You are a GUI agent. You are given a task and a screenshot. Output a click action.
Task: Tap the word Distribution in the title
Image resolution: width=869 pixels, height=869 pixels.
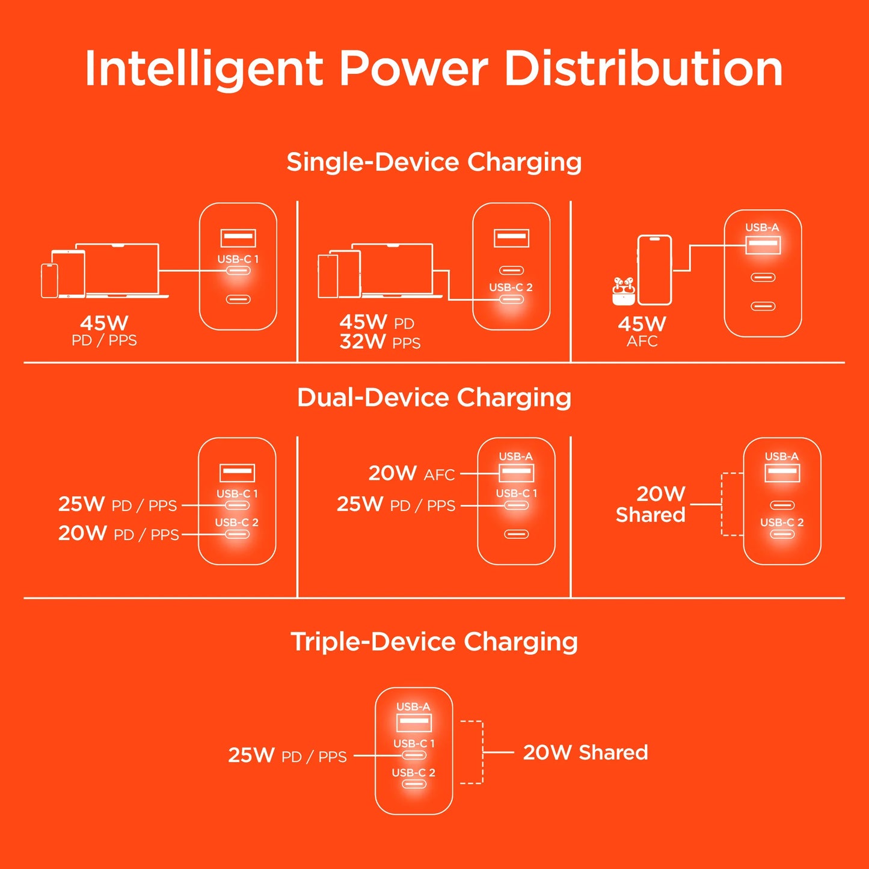point(643,69)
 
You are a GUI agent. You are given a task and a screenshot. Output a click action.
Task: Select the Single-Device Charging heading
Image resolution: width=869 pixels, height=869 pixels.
point(434,162)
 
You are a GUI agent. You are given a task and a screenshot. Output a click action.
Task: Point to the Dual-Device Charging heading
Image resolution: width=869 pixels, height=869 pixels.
point(434,398)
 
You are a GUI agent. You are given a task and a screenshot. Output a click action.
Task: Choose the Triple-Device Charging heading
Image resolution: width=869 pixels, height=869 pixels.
point(434,642)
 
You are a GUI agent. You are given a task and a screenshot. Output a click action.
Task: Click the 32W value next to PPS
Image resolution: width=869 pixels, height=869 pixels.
point(363,342)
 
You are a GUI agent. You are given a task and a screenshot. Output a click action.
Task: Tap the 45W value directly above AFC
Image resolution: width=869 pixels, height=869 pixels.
point(642,324)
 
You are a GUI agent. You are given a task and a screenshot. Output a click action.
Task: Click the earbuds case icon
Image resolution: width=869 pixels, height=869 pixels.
point(624,291)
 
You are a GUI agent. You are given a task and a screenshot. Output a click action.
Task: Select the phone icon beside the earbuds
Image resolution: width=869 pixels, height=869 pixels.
point(654,270)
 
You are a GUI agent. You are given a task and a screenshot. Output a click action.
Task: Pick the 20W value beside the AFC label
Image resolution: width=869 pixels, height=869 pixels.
point(392,473)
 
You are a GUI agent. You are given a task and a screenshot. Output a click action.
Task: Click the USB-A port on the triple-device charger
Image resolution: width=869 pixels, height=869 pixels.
point(414,722)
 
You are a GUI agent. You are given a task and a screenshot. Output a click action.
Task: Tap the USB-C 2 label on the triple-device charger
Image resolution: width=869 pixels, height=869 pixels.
point(413,773)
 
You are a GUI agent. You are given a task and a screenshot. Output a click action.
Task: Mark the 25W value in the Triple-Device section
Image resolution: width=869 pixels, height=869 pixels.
point(251,755)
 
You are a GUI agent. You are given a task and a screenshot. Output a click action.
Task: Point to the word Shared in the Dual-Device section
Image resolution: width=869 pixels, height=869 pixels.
point(651,515)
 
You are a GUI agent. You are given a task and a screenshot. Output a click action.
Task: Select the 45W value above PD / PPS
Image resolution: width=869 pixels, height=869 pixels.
point(104,323)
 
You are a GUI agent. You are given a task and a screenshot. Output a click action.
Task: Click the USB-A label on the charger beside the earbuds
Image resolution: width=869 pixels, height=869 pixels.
point(762,227)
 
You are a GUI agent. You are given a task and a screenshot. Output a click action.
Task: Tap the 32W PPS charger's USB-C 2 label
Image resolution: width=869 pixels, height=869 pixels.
point(511,287)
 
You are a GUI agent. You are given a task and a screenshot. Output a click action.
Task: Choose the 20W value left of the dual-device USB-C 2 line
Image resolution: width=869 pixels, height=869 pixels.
point(82,533)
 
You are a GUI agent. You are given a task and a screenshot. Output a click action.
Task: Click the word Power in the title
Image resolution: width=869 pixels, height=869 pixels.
point(413,69)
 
